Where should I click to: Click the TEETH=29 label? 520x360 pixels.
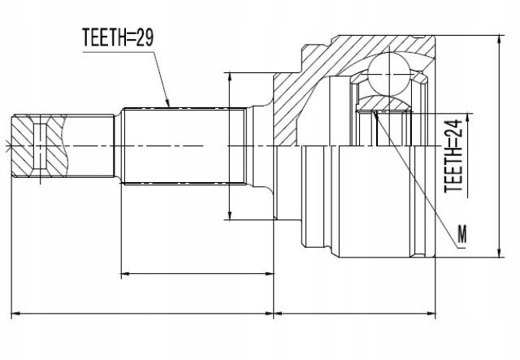click(118, 37)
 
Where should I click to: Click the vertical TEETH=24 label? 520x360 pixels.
click(453, 156)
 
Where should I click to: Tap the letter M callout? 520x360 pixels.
click(462, 234)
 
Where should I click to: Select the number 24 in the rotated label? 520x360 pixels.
click(453, 128)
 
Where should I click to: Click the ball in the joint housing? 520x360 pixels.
click(391, 74)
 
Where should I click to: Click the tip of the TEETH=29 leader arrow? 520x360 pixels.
click(169, 106)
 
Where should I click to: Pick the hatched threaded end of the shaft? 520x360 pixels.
click(40, 145)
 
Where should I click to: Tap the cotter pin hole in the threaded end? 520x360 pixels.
click(40, 145)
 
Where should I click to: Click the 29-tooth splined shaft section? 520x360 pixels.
click(184, 145)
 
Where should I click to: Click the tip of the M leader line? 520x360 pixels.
click(374, 111)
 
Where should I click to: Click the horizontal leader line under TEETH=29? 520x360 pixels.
click(118, 53)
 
